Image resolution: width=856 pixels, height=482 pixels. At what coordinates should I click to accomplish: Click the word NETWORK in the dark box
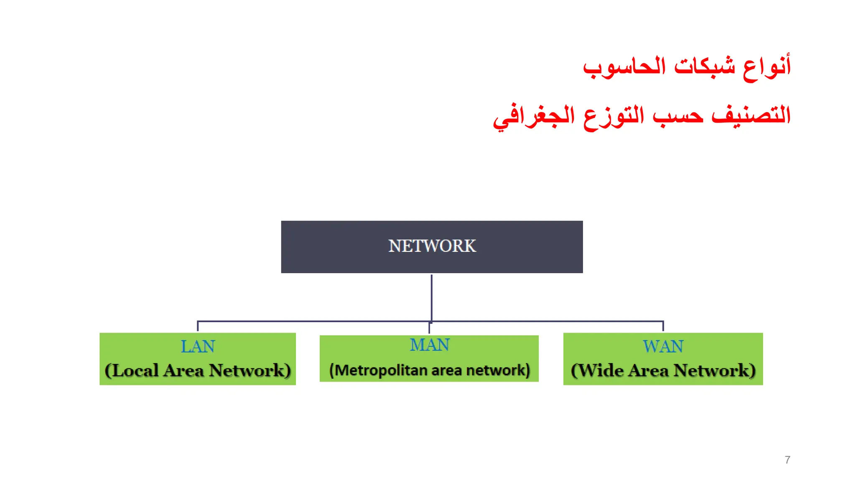click(x=432, y=246)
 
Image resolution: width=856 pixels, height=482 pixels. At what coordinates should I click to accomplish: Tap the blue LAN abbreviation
click(x=198, y=346)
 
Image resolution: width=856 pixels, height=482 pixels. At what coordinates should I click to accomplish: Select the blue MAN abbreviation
click(x=429, y=345)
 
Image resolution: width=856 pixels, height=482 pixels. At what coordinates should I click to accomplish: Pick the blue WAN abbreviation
click(x=663, y=346)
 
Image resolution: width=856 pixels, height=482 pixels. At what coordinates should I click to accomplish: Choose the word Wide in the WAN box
click(x=600, y=370)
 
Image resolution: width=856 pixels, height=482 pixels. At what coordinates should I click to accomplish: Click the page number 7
click(x=787, y=460)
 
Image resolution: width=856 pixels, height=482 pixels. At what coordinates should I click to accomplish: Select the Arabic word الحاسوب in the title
click(x=624, y=67)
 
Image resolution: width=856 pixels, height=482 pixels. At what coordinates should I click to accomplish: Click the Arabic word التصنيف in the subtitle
click(x=751, y=115)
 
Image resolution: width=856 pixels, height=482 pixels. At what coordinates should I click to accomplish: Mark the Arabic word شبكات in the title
click(x=705, y=67)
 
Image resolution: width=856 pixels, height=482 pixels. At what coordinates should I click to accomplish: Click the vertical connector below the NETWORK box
click(x=431, y=297)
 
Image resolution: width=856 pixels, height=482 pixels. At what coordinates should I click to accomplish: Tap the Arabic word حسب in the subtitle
click(x=678, y=115)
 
